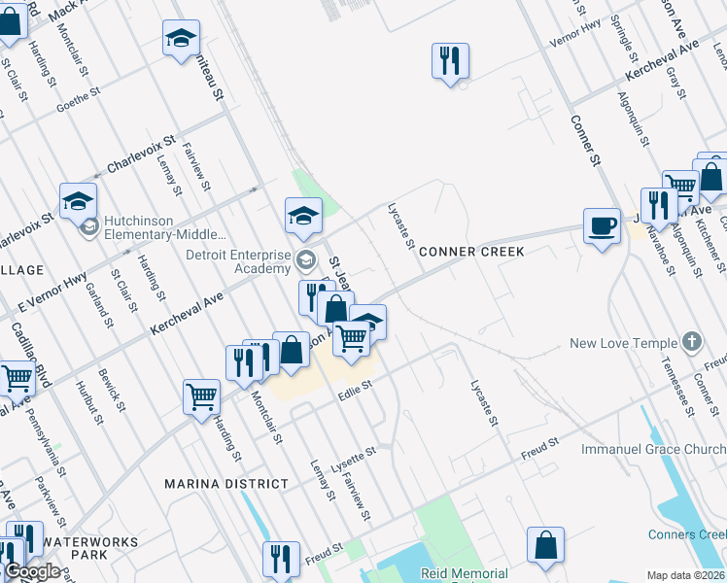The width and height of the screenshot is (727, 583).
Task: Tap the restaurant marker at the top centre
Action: pos(450,61)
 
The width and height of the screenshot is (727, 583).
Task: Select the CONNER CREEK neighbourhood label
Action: pos(471,252)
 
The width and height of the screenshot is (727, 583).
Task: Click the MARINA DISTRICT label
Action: pos(226,484)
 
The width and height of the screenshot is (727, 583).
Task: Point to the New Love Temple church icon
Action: pos(691,342)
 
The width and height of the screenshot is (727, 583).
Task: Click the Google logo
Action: pos(32,571)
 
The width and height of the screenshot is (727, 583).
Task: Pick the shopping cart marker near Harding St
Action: pos(201,396)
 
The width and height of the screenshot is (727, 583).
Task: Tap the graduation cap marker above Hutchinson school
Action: pos(78,201)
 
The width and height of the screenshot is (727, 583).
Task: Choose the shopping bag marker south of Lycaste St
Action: pos(546,546)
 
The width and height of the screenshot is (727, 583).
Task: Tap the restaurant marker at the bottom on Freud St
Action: pos(281,560)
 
